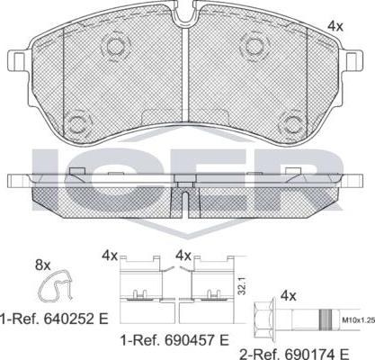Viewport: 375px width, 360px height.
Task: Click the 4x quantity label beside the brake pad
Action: [335, 26]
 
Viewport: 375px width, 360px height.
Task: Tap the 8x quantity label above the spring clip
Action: [43, 265]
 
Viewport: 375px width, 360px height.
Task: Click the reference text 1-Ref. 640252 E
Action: [54, 319]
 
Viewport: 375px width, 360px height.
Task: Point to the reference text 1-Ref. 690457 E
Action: [174, 340]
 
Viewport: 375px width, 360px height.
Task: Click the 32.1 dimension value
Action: [243, 285]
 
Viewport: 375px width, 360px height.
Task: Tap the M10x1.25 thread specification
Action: [359, 320]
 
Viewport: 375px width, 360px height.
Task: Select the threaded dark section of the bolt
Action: [326, 320]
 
